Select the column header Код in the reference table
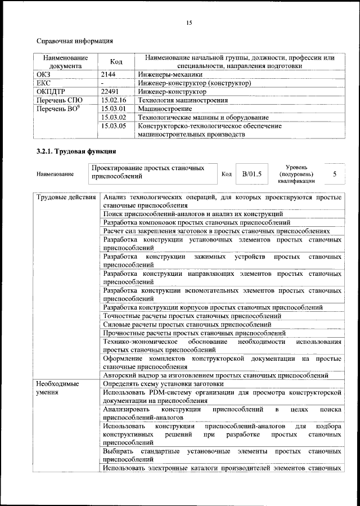point(116,62)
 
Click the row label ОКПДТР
point(51,91)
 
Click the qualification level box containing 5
point(334,174)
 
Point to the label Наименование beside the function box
point(56,174)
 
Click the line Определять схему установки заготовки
point(163,383)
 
